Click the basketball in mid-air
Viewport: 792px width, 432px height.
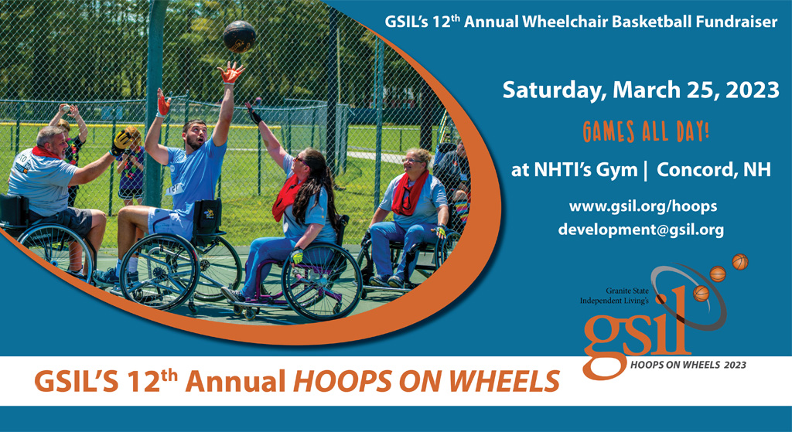240,36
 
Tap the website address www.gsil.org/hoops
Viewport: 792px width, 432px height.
643,206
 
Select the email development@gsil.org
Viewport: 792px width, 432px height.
641,230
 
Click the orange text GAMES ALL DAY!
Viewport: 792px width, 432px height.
646,131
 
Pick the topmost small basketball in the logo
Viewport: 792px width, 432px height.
740,262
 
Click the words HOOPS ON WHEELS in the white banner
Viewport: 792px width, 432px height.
426,380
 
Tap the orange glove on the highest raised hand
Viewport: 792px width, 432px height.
230,73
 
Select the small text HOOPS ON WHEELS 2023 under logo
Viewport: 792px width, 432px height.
688,365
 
